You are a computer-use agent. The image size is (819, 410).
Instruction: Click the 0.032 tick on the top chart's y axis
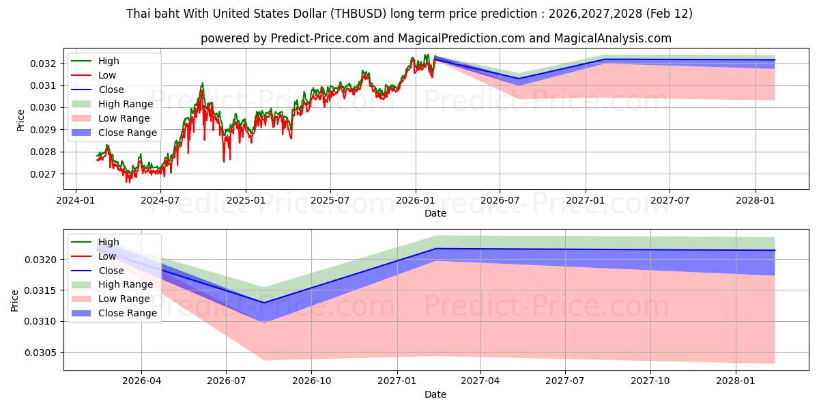(44, 64)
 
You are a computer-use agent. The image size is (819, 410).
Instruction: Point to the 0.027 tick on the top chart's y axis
(44, 174)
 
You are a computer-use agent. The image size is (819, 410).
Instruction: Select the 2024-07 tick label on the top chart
(160, 200)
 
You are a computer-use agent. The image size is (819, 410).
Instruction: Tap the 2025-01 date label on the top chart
(245, 200)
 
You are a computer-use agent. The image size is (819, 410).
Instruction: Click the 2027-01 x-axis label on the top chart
(585, 200)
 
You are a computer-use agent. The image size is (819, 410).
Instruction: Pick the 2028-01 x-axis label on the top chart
(756, 200)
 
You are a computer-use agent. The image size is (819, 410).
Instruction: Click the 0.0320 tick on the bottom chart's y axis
(42, 260)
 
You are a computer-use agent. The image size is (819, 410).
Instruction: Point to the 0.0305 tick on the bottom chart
(42, 353)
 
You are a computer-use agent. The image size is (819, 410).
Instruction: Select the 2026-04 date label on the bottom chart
(141, 381)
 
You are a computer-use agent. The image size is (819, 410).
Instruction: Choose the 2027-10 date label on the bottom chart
(650, 381)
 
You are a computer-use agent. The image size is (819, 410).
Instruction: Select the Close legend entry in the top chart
(111, 90)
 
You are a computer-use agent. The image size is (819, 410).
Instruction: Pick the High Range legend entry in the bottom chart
(126, 284)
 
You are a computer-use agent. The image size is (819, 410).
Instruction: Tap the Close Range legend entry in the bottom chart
(128, 313)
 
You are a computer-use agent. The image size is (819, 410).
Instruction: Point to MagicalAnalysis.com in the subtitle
(612, 38)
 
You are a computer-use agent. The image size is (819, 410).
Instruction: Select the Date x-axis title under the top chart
(435, 213)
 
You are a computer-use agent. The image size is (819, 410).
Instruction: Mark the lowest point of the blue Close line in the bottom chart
(264, 303)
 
